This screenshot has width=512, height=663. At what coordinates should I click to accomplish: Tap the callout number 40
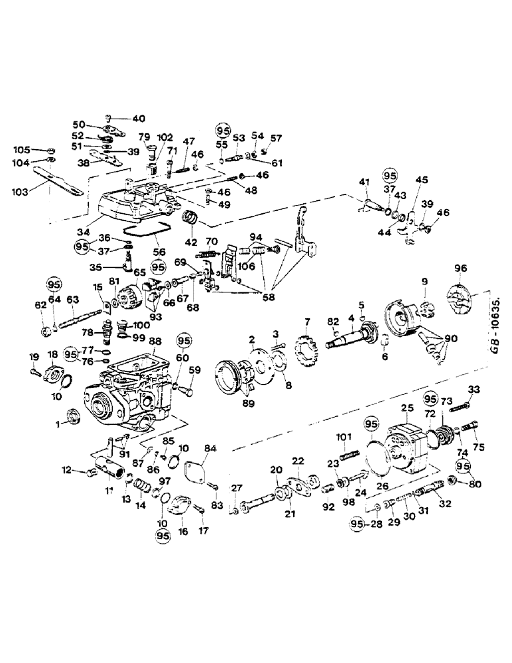tap(138, 119)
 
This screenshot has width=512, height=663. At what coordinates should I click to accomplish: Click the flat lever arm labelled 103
tap(56, 185)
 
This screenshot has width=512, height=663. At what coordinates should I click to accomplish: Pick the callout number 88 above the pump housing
tap(155, 341)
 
